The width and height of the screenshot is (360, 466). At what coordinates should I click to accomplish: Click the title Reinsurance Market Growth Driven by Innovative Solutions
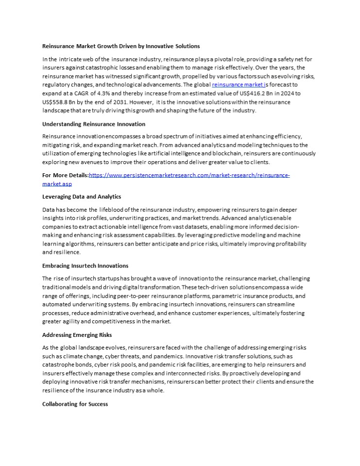click(x=121, y=46)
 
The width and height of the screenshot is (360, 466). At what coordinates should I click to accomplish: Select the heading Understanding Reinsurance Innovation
click(x=93, y=124)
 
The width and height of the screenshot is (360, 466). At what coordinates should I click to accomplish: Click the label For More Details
click(x=65, y=175)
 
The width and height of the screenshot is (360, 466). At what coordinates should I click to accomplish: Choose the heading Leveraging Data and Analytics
click(x=82, y=197)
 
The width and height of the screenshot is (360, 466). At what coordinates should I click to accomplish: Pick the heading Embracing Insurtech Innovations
click(x=85, y=266)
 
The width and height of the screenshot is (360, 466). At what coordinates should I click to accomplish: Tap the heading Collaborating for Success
click(x=75, y=404)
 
